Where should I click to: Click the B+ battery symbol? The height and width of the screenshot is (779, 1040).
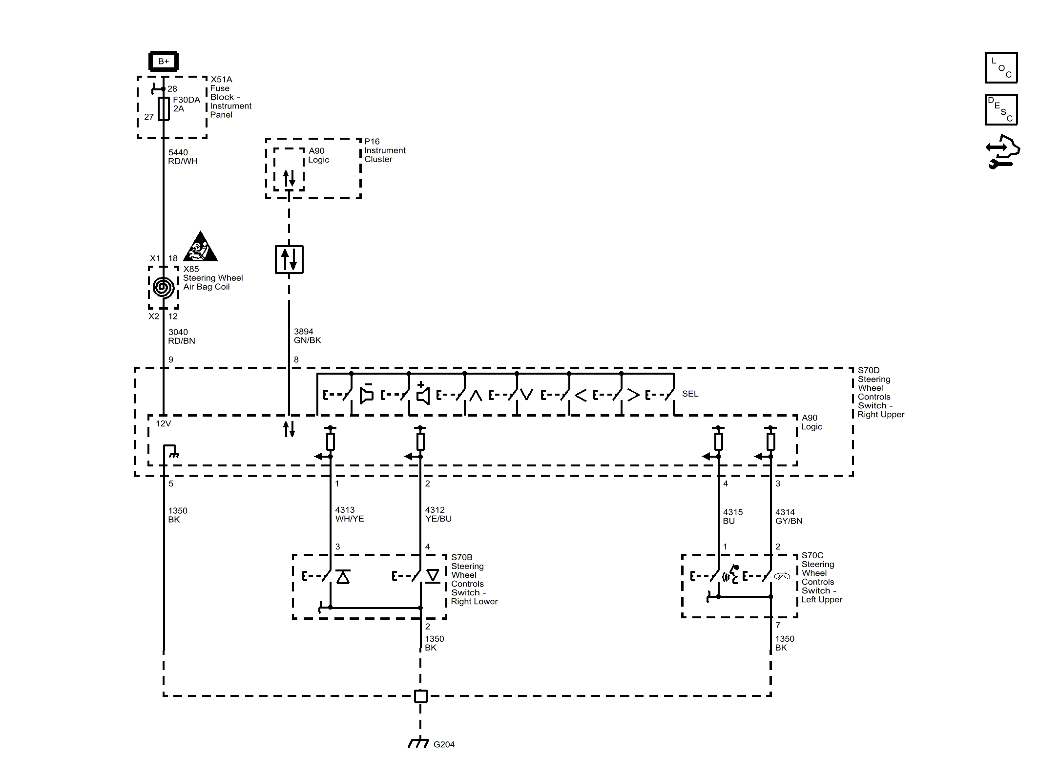click(163, 62)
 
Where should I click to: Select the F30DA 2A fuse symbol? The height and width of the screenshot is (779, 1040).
click(164, 108)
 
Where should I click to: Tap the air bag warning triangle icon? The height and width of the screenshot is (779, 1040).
click(200, 247)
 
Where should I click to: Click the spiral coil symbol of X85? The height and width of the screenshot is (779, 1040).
click(163, 287)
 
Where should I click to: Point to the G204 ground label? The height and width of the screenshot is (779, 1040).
click(443, 744)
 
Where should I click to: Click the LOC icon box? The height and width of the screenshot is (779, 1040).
click(1001, 67)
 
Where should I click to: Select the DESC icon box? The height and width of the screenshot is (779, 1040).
click(1001, 110)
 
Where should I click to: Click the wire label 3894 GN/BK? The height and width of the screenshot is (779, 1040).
click(307, 336)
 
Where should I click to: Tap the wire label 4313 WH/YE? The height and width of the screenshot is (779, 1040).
click(349, 514)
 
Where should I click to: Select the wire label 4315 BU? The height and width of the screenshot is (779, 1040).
click(732, 517)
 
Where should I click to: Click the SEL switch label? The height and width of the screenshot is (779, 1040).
click(689, 394)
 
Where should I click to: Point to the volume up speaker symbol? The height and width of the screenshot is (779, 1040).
click(423, 394)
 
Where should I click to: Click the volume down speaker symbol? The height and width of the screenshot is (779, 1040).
click(366, 394)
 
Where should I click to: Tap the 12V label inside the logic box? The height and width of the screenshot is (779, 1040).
click(163, 423)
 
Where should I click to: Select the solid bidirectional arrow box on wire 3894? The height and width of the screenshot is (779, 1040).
click(289, 259)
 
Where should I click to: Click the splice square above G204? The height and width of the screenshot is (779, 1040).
click(420, 696)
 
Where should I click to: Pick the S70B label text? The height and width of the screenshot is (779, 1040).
click(461, 557)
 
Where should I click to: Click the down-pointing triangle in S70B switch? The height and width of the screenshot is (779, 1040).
click(433, 576)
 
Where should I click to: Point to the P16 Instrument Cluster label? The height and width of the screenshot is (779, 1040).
click(384, 150)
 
